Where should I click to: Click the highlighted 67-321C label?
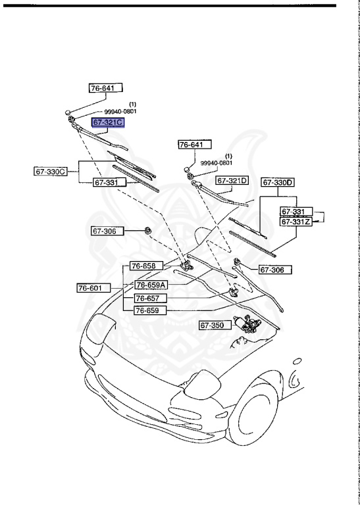(107, 123)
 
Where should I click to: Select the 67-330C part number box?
(51, 172)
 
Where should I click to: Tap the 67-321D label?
(232, 180)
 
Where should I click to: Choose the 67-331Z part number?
(296, 222)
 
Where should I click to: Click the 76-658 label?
(143, 266)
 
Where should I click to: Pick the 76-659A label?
(151, 285)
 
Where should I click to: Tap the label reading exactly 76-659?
(149, 310)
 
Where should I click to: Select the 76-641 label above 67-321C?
(105, 87)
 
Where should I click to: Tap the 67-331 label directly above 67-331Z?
(293, 212)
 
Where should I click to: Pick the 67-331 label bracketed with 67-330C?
(105, 182)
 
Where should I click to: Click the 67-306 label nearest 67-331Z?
(274, 270)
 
